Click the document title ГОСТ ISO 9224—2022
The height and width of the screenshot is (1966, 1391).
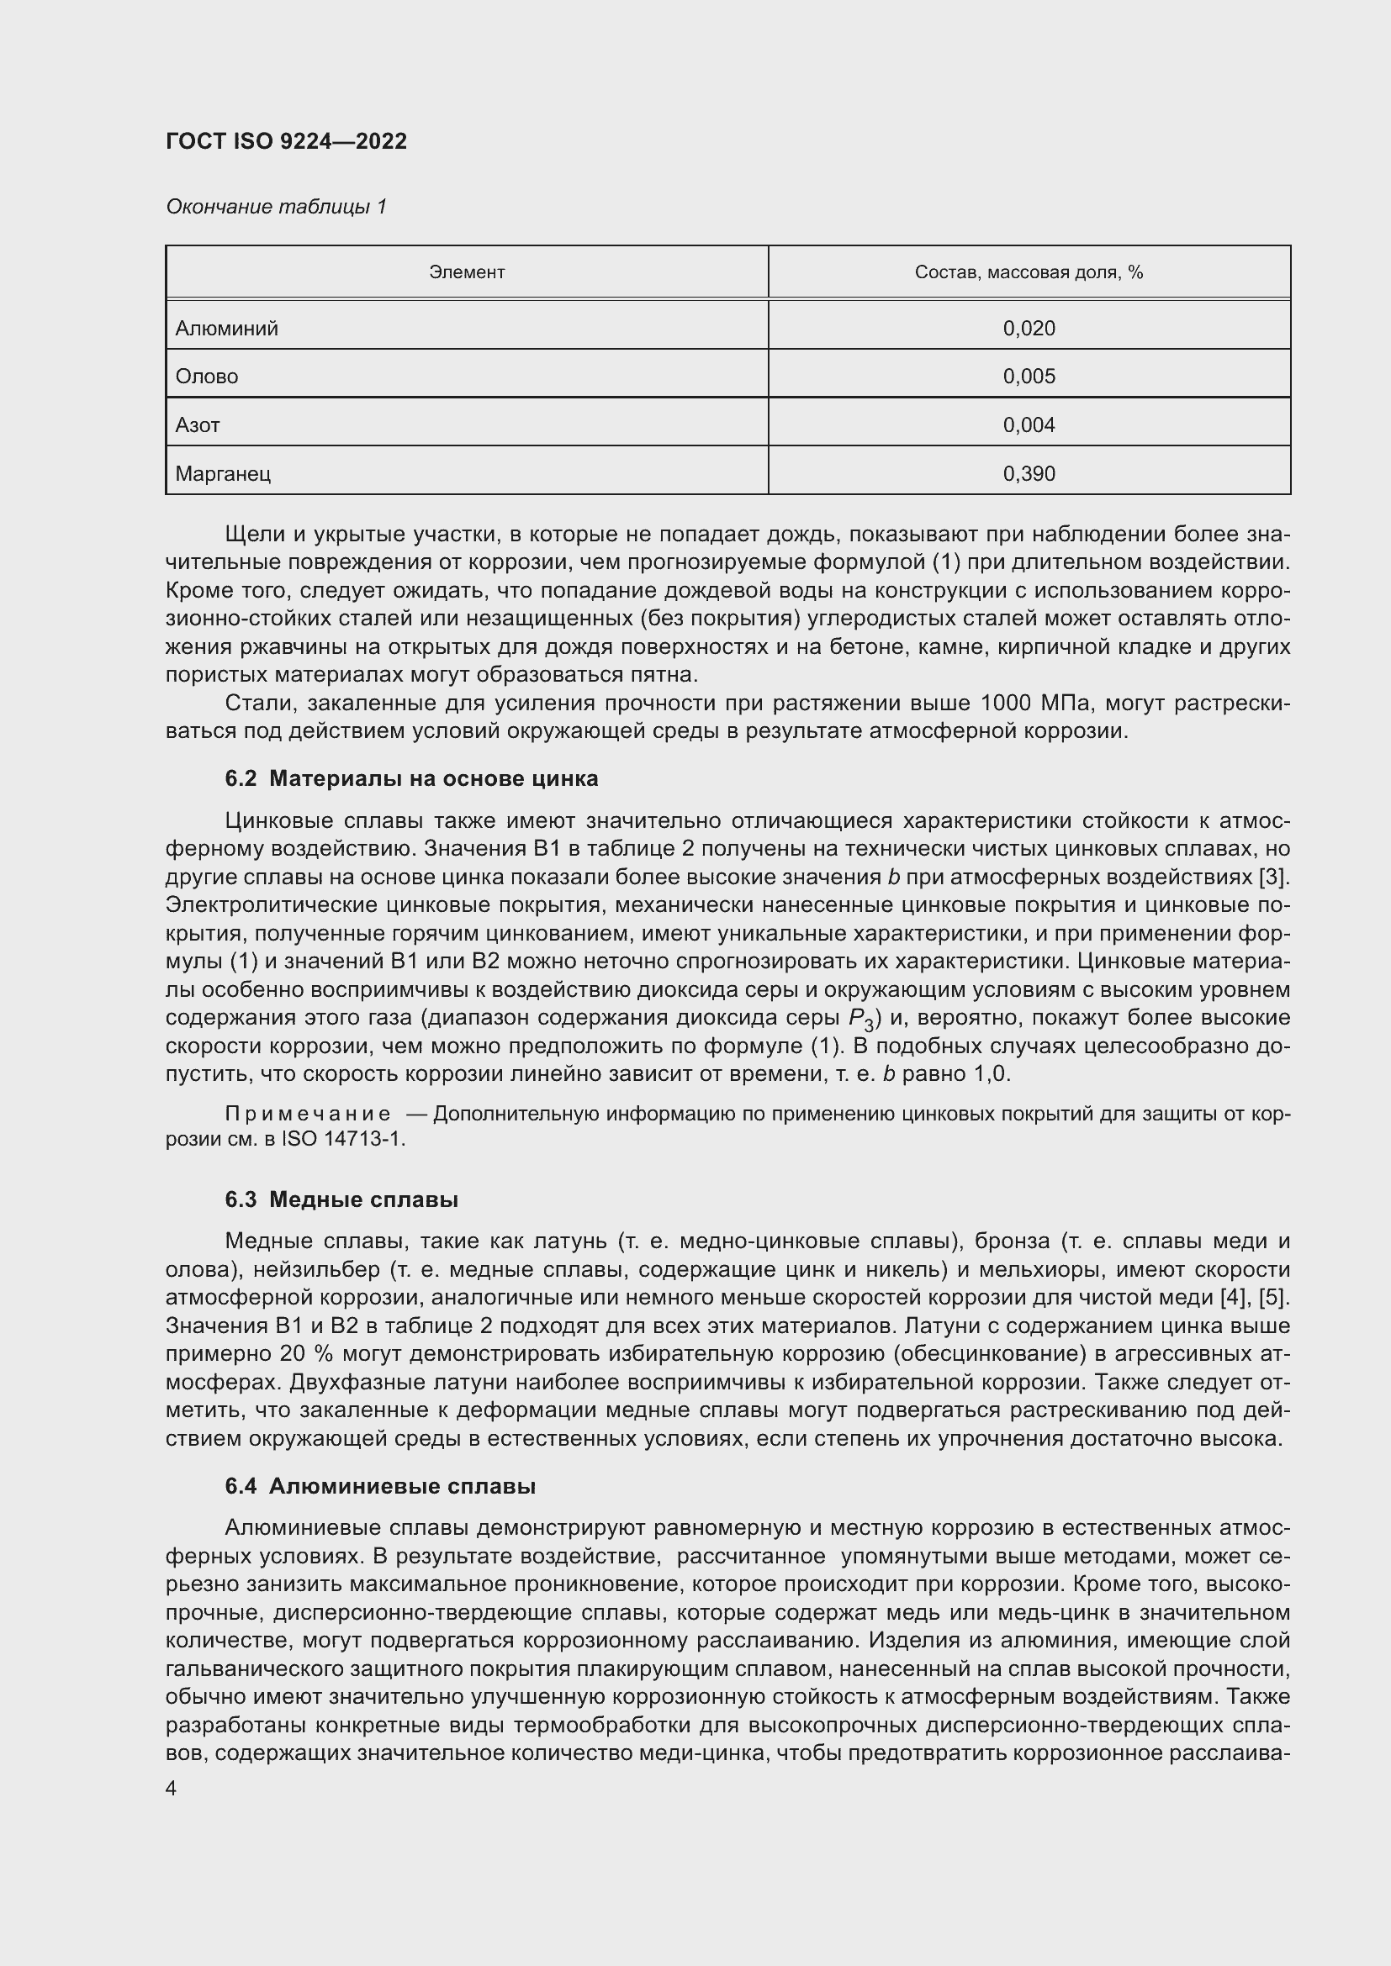click(286, 141)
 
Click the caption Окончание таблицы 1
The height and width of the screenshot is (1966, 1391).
click(276, 207)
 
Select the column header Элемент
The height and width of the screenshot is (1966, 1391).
click(467, 272)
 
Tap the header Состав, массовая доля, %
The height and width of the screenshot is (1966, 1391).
click(1029, 272)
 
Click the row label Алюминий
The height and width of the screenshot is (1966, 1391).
click(227, 329)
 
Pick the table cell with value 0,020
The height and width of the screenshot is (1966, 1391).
click(1029, 329)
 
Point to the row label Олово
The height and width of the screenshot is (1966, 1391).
click(206, 377)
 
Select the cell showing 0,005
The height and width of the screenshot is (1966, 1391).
click(1029, 377)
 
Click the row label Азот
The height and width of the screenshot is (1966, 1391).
click(198, 425)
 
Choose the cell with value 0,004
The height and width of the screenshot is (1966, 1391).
click(1029, 425)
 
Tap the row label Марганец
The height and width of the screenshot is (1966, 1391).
click(223, 474)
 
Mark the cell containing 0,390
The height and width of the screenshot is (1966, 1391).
click(1029, 474)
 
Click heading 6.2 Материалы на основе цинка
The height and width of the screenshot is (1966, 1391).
click(411, 778)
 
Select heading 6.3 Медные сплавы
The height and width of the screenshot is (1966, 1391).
click(341, 1199)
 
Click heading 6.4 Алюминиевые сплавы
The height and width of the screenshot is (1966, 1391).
click(380, 1487)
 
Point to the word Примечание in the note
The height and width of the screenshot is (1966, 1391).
click(308, 1114)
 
